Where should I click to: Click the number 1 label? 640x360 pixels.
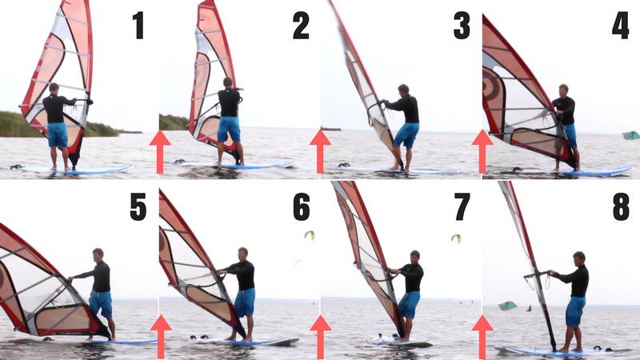[x=138, y=26]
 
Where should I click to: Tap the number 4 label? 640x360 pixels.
[x=621, y=26]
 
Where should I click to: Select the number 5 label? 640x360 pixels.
[x=138, y=206]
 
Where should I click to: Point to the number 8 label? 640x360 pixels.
[x=621, y=206]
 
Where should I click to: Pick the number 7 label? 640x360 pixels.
[x=462, y=206]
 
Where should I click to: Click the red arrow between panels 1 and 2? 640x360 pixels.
[x=160, y=151]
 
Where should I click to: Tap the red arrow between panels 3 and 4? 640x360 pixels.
[x=482, y=151]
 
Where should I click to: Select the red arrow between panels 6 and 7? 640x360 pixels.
[x=321, y=336]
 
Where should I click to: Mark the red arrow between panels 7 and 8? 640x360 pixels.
[x=482, y=336]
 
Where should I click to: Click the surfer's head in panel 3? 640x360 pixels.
[x=403, y=90]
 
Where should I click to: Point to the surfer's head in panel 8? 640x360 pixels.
[x=579, y=258]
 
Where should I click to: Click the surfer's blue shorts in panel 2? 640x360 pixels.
[x=229, y=129]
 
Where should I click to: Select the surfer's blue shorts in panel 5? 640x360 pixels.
[x=101, y=304]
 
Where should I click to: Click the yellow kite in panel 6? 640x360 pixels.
[x=310, y=234]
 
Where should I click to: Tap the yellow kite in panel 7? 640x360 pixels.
[x=456, y=238]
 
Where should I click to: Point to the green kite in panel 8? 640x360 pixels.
[x=507, y=306]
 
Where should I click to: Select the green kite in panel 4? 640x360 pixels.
[x=631, y=135]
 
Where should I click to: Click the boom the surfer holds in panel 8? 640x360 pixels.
[x=538, y=274]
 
